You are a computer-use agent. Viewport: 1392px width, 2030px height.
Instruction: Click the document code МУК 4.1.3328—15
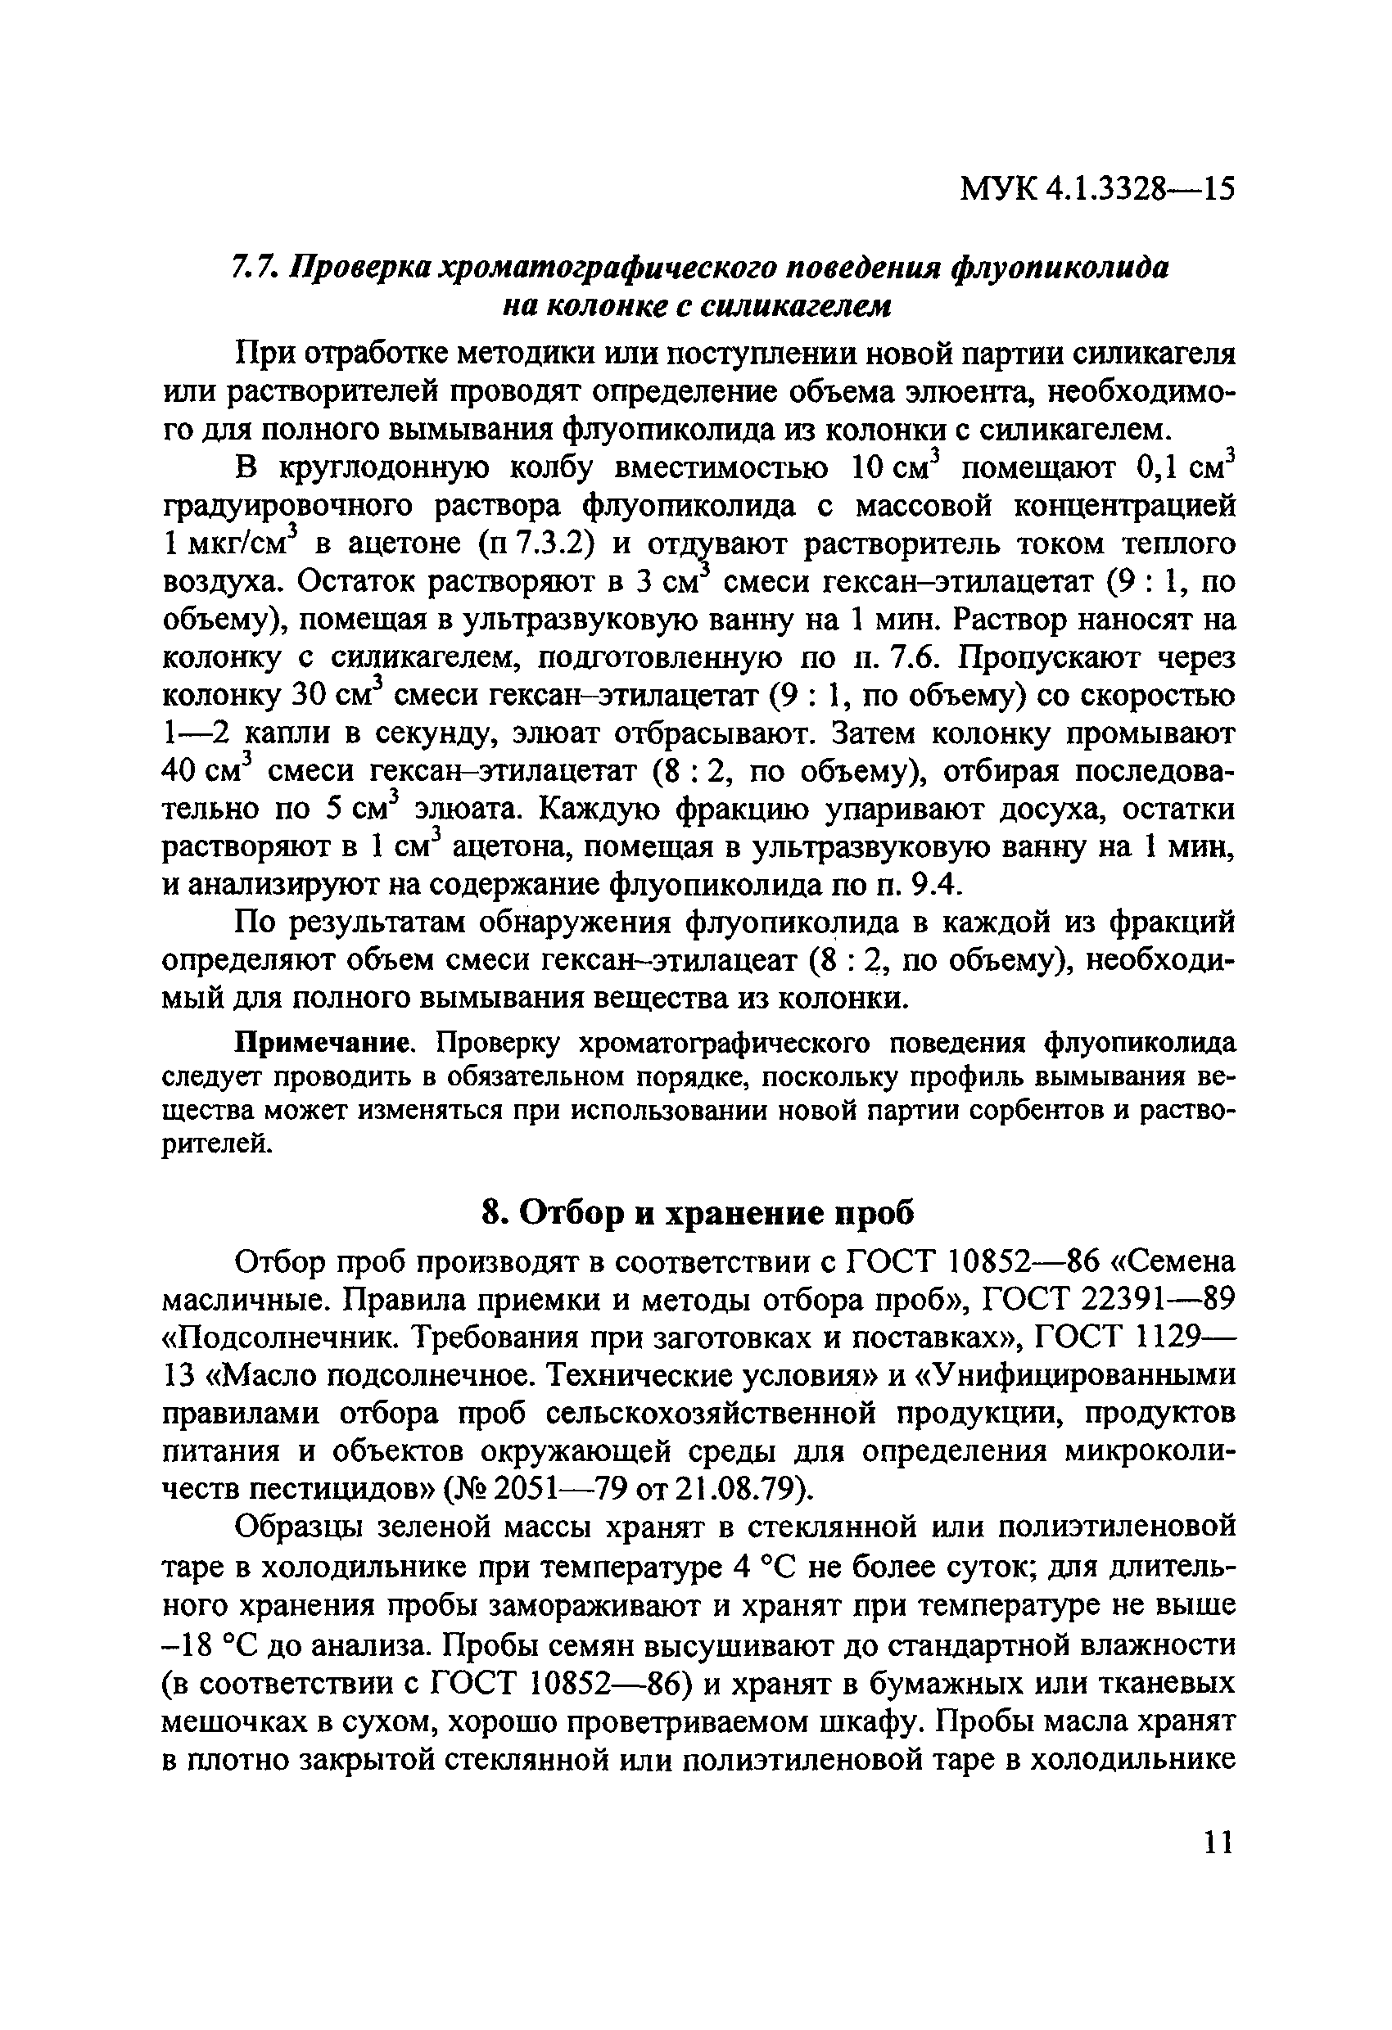click(1097, 187)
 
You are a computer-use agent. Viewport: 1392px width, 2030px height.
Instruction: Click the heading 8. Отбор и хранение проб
click(698, 1213)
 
